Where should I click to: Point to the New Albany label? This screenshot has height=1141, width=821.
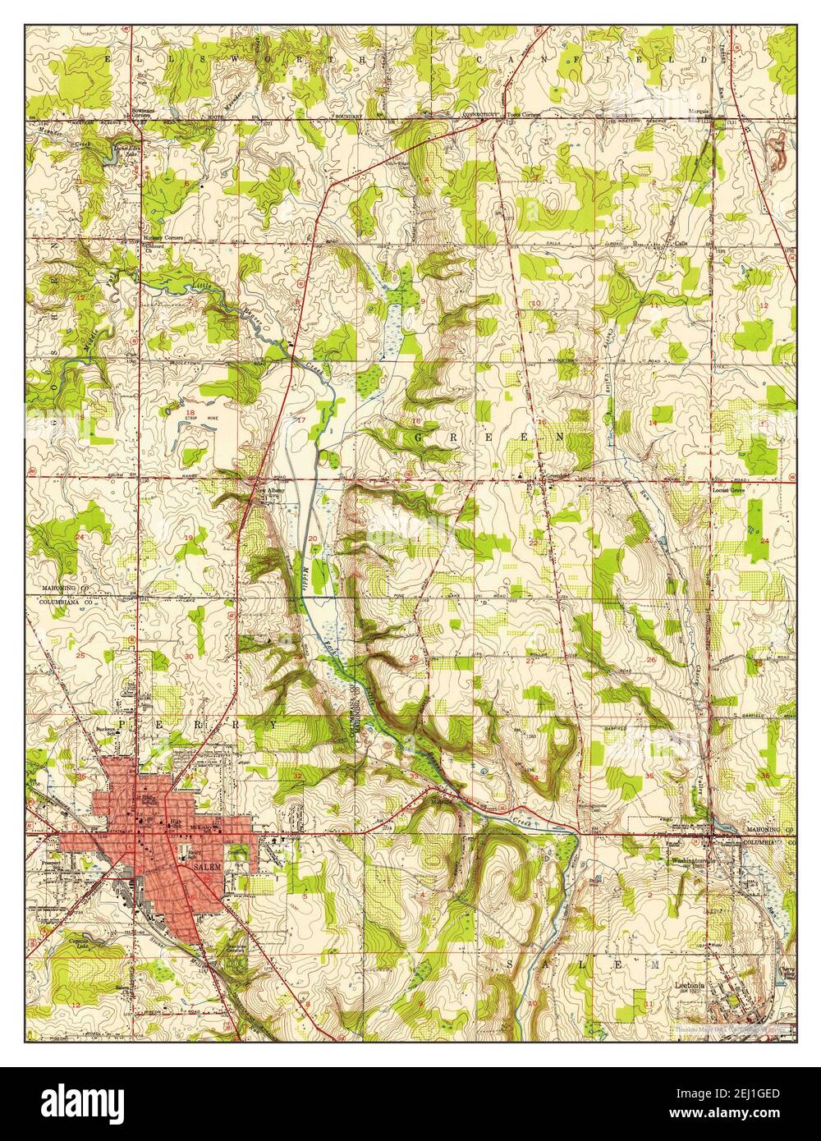271,491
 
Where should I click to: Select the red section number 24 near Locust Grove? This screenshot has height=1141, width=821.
764,541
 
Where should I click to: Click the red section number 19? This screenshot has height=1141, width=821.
188,538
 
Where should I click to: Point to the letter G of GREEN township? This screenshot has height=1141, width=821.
420,438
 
